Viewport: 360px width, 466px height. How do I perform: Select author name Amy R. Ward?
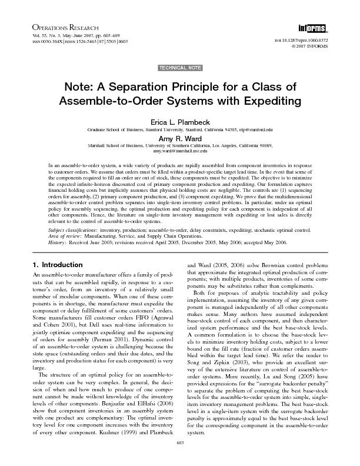179,138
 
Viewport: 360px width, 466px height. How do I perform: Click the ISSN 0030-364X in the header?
51,42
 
